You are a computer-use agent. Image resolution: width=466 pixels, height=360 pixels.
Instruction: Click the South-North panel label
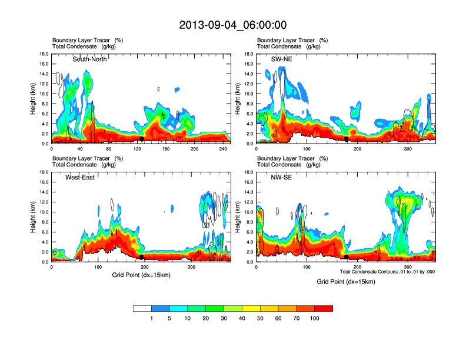90,59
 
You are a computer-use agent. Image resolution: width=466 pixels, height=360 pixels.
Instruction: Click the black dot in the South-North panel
142,139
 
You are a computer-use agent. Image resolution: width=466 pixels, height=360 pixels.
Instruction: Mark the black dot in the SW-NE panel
346,139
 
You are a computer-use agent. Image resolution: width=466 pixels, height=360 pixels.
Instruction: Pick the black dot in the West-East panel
142,257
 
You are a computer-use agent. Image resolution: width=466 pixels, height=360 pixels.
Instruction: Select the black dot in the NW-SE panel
346,257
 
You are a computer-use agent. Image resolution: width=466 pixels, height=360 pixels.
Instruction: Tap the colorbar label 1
151,318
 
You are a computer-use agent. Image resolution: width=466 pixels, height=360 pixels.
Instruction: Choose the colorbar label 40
242,318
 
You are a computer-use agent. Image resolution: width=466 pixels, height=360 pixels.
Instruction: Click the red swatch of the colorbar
324,308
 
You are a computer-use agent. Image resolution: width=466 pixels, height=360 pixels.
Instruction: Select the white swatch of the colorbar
142,308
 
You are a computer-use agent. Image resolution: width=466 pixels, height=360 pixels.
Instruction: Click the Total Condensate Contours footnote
387,272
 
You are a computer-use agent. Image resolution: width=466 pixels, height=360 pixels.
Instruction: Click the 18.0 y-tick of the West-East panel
44,172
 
